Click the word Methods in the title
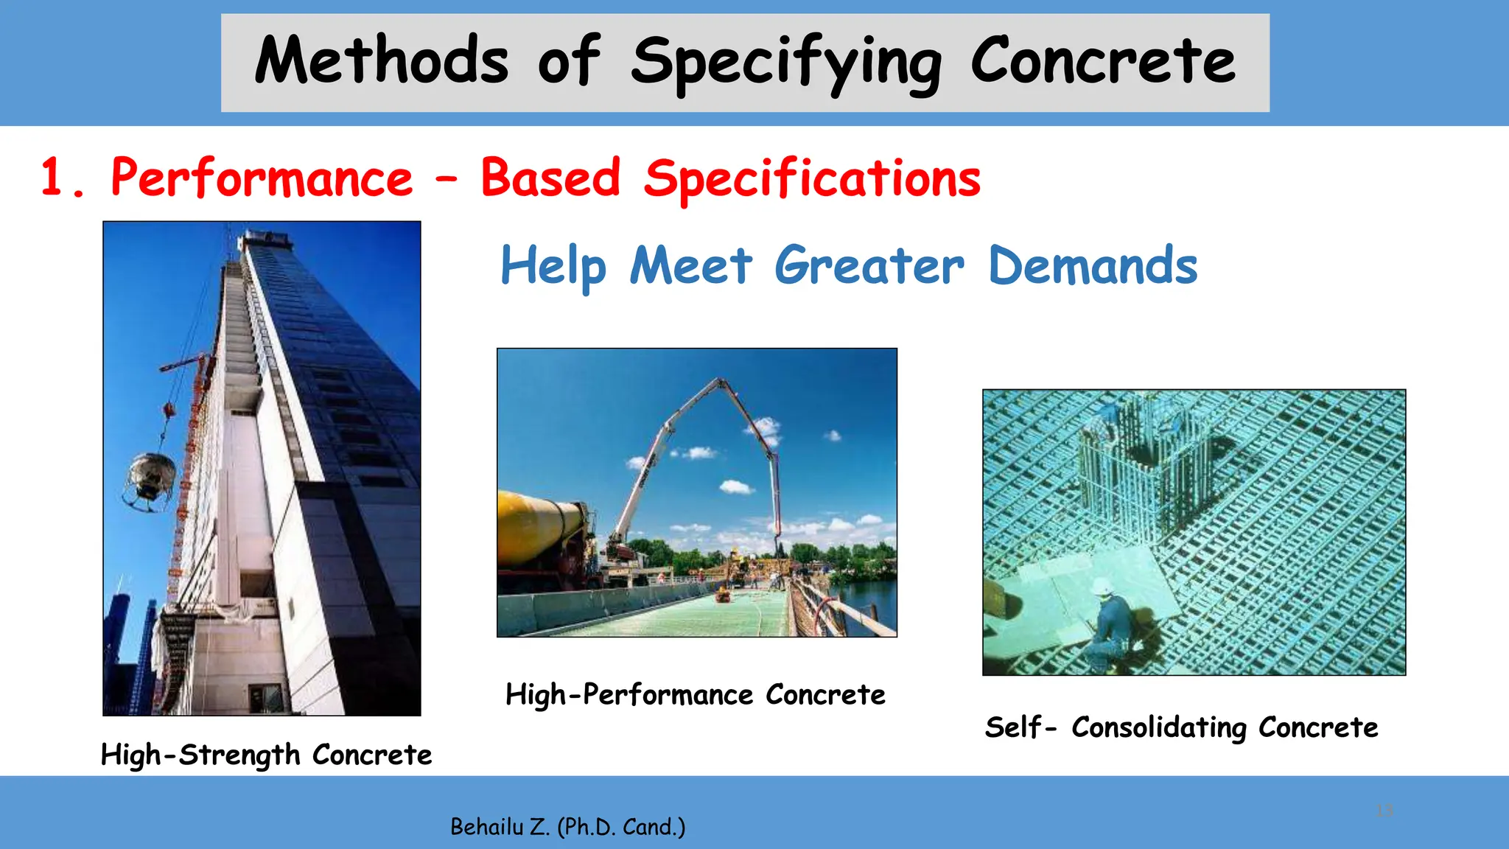[x=381, y=60]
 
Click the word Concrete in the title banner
[x=1102, y=60]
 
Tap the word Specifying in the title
[x=785, y=63]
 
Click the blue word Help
[x=553, y=266]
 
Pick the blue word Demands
[x=1092, y=265]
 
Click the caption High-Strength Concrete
[x=266, y=755]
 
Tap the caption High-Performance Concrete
[x=695, y=694]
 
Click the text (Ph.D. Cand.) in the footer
[x=621, y=827]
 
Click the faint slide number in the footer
[x=1384, y=811]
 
